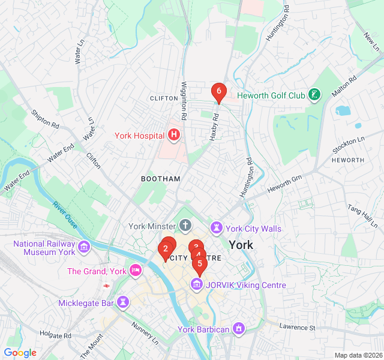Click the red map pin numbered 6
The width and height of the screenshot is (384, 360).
click(218, 92)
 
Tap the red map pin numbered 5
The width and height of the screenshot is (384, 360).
click(200, 264)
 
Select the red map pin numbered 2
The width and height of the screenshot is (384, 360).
click(165, 249)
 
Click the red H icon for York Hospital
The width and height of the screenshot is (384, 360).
click(174, 135)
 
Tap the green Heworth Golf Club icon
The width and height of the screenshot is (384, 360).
click(313, 95)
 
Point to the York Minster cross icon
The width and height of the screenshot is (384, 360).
click(185, 226)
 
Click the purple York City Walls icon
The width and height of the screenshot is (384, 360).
click(216, 228)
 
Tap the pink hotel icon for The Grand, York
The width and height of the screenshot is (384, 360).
click(136, 271)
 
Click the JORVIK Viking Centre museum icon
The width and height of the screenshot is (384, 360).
click(197, 284)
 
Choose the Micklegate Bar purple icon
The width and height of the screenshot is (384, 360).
click(123, 302)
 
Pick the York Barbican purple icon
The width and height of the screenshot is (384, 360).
click(239, 329)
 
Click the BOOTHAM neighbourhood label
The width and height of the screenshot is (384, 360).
click(160, 179)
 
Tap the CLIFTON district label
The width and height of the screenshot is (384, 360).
click(164, 98)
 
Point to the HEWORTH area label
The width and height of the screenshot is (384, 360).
click(347, 160)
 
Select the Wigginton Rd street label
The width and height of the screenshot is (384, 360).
click(184, 101)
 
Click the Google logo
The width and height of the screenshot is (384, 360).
click(20, 353)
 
